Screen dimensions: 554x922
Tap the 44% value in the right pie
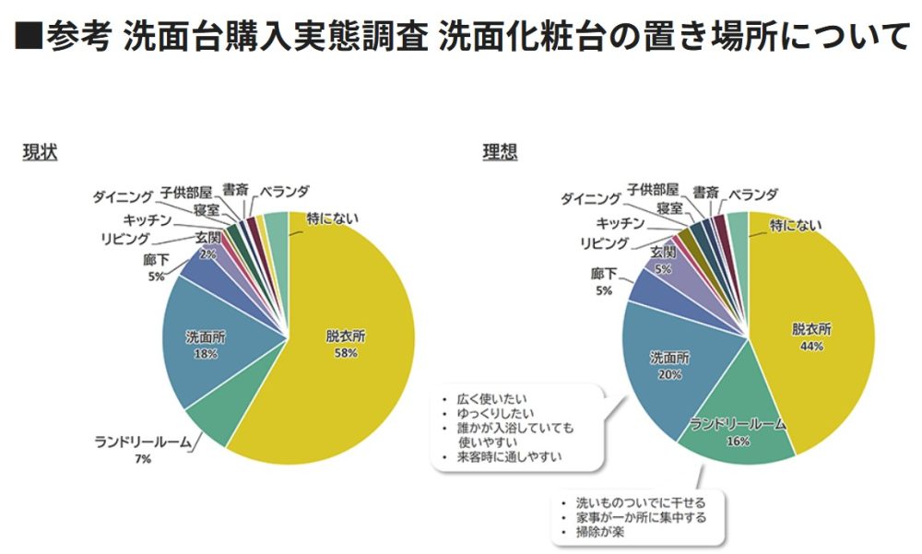[811, 346]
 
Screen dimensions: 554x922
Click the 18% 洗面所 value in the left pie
[205, 353]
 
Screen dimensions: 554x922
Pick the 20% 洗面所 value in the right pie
[670, 374]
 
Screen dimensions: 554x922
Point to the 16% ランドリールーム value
[738, 441]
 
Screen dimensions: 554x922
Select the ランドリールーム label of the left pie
[143, 442]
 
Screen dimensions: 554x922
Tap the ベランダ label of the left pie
[283, 192]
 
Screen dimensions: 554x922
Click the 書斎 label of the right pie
[706, 193]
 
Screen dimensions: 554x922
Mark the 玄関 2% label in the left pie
[207, 245]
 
